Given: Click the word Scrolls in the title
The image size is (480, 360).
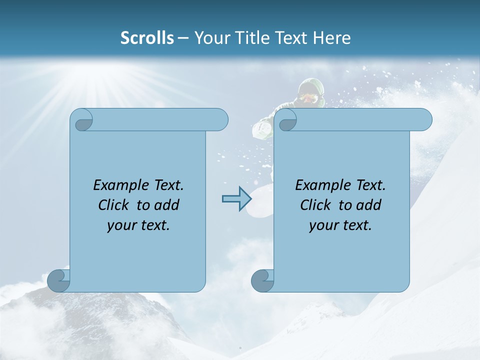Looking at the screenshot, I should point(147,38).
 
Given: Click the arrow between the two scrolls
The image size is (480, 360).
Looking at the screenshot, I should point(236,199).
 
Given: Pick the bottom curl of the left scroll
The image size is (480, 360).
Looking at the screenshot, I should point(58,280).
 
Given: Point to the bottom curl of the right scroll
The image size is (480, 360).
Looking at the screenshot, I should point(262,280).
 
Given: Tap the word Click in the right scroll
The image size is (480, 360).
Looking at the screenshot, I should point(315,205).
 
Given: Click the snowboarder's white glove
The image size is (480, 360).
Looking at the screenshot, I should point(262,129).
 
